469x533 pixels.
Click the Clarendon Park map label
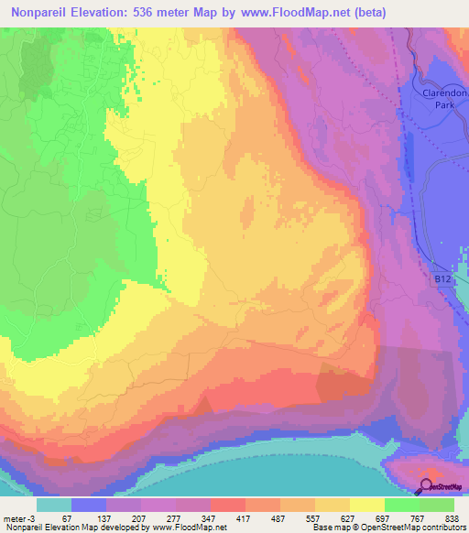coord(427,99)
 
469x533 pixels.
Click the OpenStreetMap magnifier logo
coord(426,486)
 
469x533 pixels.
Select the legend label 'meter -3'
coord(20,518)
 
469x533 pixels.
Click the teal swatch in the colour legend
coord(54,505)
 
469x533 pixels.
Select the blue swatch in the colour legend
coord(89,505)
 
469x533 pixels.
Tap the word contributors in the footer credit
coord(442,528)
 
